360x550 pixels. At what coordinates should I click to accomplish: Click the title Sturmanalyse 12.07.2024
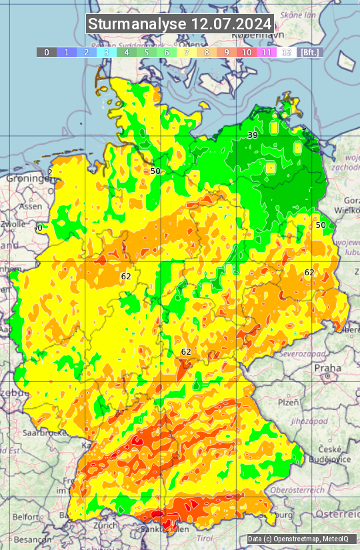pyautogui.click(x=180, y=24)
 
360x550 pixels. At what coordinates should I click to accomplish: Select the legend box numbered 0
pyautogui.click(x=47, y=52)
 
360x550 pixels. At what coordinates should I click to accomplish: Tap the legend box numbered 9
pyautogui.click(x=227, y=52)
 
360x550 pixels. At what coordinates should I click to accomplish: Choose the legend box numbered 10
pyautogui.click(x=247, y=52)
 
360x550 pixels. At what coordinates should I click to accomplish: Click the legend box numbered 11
pyautogui.click(x=267, y=52)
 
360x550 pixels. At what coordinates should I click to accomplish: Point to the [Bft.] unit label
pyautogui.click(x=310, y=52)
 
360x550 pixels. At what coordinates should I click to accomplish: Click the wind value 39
pyautogui.click(x=253, y=135)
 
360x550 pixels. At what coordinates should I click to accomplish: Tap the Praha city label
pyautogui.click(x=327, y=367)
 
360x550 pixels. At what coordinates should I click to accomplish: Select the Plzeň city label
pyautogui.click(x=288, y=403)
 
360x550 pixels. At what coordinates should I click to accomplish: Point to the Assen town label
pyautogui.click(x=31, y=207)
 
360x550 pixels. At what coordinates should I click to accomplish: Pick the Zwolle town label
pyautogui.click(x=13, y=224)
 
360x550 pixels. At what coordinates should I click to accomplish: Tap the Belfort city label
pyautogui.click(x=25, y=516)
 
